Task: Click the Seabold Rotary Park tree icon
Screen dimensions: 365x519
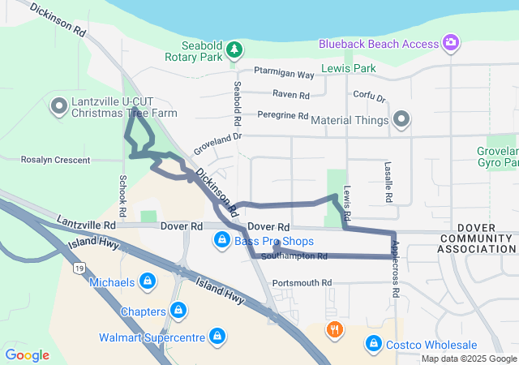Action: tap(234, 50)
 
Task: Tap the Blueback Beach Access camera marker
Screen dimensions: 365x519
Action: tap(451, 41)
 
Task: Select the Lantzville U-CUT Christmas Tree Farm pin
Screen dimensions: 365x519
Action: tap(58, 106)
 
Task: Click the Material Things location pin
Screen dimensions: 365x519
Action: tap(401, 121)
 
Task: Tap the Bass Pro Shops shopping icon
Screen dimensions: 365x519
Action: tap(221, 240)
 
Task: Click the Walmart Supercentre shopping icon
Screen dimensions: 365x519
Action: tap(217, 336)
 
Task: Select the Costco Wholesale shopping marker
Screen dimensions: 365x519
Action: tap(373, 344)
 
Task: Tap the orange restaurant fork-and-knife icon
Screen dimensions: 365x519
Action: tap(333, 329)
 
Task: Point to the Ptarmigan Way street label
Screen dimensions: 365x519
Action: tap(282, 75)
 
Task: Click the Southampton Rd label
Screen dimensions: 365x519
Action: tap(294, 256)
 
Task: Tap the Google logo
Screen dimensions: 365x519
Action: tap(27, 354)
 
